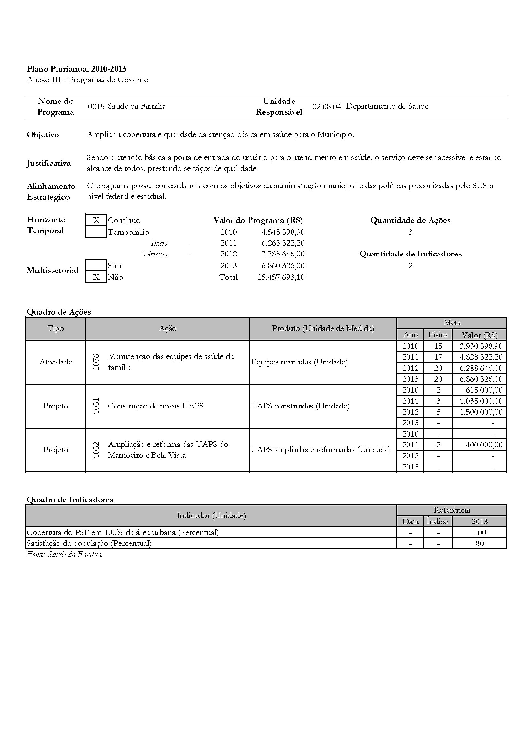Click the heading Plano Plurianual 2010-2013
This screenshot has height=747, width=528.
coord(76,69)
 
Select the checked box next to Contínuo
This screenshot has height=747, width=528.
coord(96,220)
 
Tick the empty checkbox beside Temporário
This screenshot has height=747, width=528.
coord(96,232)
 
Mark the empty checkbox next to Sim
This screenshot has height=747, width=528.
coord(96,265)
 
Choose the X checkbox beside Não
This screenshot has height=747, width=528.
coord(96,277)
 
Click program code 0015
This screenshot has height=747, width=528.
coord(96,106)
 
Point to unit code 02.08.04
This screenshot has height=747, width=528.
coord(327,106)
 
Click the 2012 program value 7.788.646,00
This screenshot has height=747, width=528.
coord(283,254)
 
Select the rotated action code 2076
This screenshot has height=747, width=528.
coord(96,362)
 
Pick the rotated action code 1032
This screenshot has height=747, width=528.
coord(96,450)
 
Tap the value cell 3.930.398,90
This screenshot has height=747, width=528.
coord(481,346)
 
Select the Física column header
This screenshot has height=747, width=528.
coord(438,335)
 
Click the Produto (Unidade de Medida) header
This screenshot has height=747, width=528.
coord(323,329)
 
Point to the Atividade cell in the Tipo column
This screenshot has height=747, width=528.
coord(56,362)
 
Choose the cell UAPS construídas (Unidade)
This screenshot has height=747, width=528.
coord(300,406)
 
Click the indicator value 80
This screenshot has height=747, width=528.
coord(479,543)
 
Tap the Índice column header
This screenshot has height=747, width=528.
coord(437,522)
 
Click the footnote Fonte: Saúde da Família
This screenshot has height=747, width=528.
coord(65,554)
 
